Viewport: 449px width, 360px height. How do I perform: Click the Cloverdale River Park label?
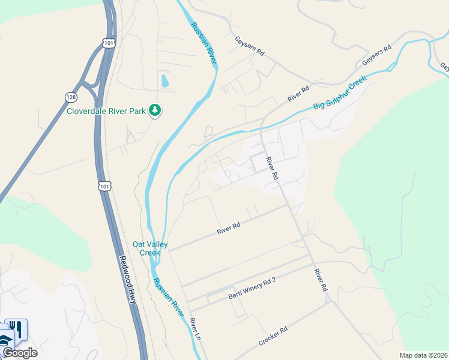(x=106, y=110)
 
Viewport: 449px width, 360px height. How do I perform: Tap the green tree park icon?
(x=155, y=110)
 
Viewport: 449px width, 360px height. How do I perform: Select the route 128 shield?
(x=71, y=96)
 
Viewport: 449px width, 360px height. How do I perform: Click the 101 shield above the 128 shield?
(x=108, y=43)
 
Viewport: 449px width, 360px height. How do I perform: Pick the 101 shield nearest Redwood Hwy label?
(x=105, y=187)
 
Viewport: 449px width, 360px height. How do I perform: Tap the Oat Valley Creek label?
(x=150, y=248)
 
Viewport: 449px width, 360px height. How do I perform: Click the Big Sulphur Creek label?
(x=339, y=96)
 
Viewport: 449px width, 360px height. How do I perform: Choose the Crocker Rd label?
(x=273, y=335)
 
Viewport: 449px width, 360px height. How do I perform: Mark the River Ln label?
(x=194, y=331)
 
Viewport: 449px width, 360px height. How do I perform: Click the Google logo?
(x=20, y=352)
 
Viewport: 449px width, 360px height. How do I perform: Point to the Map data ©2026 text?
(x=424, y=355)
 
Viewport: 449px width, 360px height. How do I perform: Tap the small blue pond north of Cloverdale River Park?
(x=165, y=80)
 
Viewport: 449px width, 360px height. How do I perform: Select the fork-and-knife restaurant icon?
(x=17, y=329)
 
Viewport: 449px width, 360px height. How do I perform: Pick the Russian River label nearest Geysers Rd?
(x=203, y=43)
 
